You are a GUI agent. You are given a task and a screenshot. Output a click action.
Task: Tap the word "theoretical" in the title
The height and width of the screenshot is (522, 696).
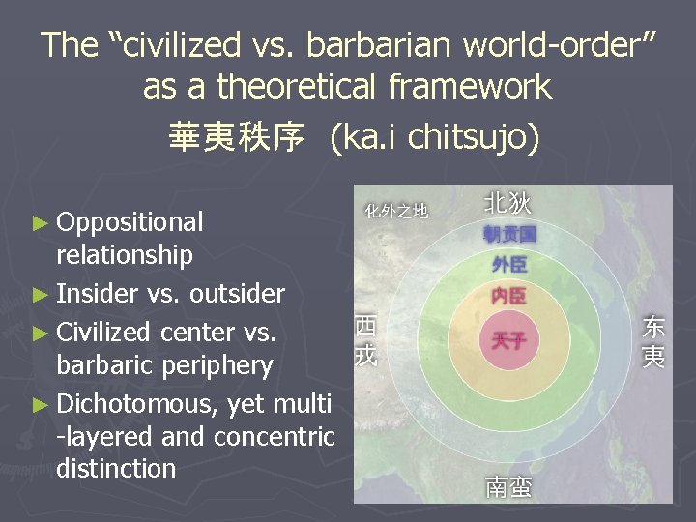point(301,87)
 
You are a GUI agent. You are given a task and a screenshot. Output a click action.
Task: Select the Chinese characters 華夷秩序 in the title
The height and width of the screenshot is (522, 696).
point(236,136)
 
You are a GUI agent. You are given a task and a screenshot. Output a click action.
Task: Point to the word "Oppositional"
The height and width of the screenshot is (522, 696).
point(130,222)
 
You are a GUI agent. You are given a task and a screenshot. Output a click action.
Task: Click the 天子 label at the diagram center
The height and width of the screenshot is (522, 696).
point(509,340)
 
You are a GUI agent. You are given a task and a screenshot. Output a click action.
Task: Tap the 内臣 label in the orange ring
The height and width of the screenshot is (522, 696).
point(509,295)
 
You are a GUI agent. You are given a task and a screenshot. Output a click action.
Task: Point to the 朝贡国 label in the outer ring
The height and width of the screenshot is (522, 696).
point(509,234)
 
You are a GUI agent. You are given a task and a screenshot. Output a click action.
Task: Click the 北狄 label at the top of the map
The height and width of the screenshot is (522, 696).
point(507,203)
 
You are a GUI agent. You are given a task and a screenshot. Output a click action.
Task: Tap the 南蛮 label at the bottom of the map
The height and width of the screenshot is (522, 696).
point(508,486)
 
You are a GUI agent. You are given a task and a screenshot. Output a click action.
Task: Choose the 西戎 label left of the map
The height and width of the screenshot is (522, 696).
point(365,340)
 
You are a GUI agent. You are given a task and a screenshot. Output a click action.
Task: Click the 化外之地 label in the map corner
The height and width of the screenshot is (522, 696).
point(396,209)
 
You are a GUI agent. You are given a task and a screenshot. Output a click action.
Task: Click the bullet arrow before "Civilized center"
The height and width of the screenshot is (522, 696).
point(40,333)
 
